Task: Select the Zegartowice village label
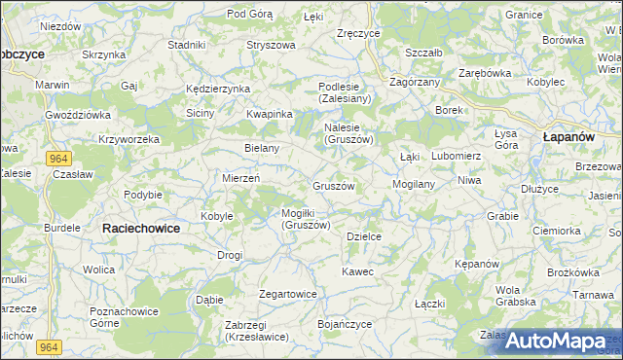click(288, 293)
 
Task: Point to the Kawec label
click(357, 271)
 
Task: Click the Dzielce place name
click(363, 236)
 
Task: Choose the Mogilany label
click(413, 183)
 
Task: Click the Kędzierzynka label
click(218, 89)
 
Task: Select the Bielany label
click(262, 148)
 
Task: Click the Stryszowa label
click(271, 45)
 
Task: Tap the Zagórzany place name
click(415, 83)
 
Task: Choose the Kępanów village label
click(477, 264)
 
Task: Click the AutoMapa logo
click(555, 341)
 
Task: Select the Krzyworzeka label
click(128, 139)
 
